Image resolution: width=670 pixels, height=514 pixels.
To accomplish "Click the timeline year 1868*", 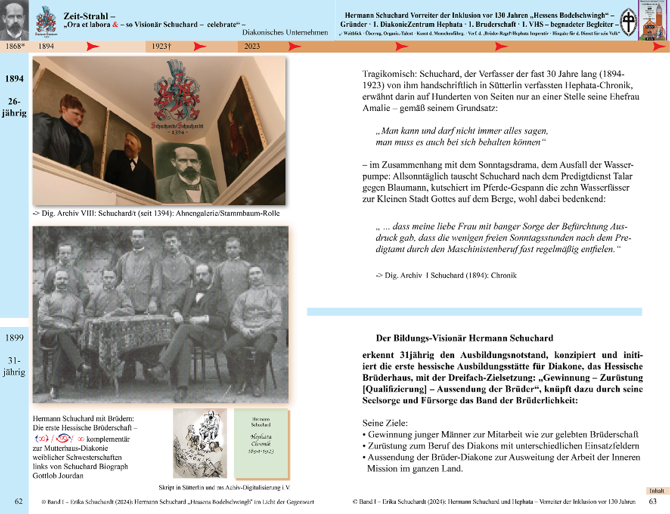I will [x=15, y=46].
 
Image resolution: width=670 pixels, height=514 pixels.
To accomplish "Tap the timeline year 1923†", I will [x=161, y=46].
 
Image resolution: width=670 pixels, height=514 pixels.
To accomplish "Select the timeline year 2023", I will [x=252, y=46].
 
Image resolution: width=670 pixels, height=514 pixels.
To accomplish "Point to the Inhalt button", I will [x=657, y=491].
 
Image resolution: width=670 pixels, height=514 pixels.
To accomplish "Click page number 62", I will [x=19, y=501].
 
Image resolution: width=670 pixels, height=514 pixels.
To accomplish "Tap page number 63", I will [x=653, y=501].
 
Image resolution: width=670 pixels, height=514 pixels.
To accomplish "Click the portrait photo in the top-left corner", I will [x=14, y=20].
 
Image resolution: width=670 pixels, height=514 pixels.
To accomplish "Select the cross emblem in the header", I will [x=629, y=22].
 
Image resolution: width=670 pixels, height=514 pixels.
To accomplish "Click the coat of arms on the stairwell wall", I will [x=177, y=91].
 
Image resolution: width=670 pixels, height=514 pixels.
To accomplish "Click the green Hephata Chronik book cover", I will [x=261, y=443].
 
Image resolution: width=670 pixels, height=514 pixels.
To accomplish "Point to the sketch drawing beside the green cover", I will [x=200, y=443].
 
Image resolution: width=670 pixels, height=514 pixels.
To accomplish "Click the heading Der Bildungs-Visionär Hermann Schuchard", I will [x=464, y=338].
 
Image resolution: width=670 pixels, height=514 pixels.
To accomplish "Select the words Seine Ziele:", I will [x=385, y=423].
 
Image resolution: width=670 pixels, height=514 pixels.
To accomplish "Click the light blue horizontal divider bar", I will [x=474, y=312].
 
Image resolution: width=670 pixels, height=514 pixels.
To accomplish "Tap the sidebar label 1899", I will [x=14, y=338].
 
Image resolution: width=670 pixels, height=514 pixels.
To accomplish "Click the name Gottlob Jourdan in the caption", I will [x=58, y=476].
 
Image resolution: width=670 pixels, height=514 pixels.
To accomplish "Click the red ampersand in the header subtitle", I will [x=115, y=25].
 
